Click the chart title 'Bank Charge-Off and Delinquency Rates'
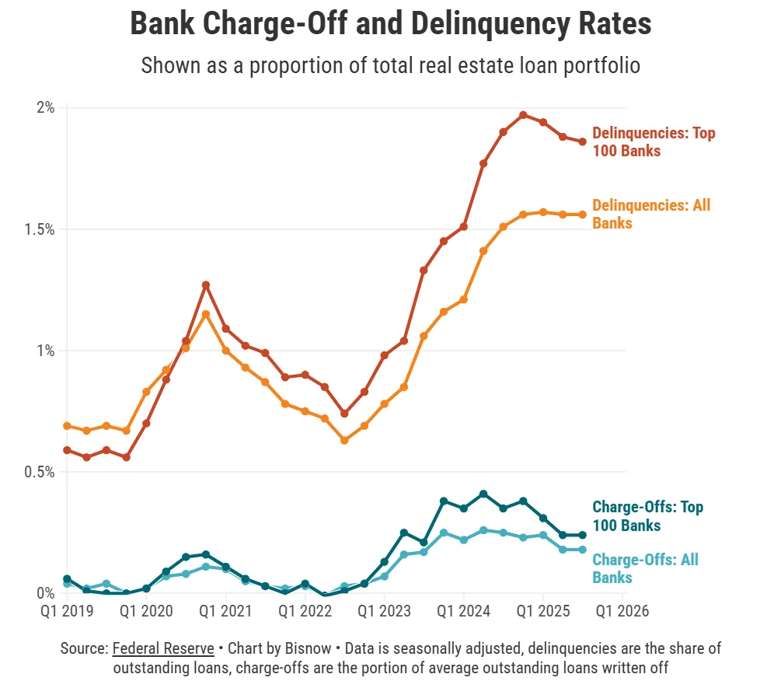[390, 24]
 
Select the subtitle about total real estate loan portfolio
[390, 65]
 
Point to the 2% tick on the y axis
[46, 107]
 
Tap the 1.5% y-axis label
[40, 229]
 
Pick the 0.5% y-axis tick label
[40, 472]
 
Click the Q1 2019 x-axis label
[67, 611]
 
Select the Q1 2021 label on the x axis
[225, 611]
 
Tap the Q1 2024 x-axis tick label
[463, 611]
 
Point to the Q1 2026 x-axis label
[622, 611]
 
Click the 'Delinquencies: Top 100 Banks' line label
[653, 141]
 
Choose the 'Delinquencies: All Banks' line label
[650, 214]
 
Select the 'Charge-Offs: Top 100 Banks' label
[647, 516]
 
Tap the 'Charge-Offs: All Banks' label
[645, 568]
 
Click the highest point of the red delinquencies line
[523, 115]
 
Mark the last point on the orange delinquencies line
[583, 215]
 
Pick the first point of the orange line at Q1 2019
[67, 426]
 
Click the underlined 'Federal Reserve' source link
[163, 648]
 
